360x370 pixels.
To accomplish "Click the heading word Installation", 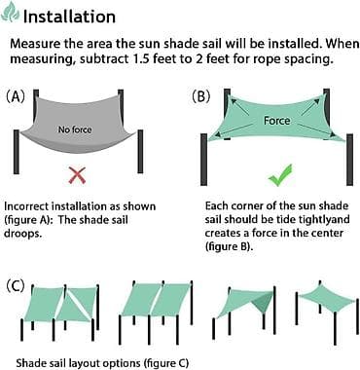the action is coord(69,17).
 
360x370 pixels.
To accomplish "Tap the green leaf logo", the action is coord(10,12).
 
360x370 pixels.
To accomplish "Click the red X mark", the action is coord(77,175).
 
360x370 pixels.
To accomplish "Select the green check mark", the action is coord(280,175).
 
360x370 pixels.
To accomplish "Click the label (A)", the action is coord(16,96).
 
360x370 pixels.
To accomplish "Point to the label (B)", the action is coord(201,96).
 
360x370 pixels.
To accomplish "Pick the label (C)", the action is coord(16,285).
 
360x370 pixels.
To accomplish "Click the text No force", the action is coord(75,129).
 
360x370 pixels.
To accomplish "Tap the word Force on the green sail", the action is coord(276,121).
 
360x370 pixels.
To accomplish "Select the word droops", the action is coord(23,234).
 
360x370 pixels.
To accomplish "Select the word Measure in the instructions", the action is coord(31,44).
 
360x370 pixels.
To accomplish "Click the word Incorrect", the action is coord(26,206).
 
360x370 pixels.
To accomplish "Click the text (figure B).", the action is coord(229,246).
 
